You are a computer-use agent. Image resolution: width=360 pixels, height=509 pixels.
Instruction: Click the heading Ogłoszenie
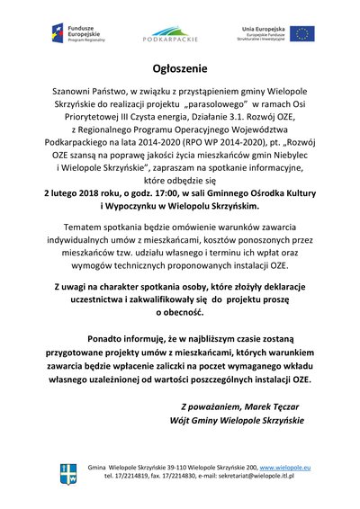pyautogui.click(x=179, y=68)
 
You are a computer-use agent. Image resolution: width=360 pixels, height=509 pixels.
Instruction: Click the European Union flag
pyautogui.click(x=301, y=33)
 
